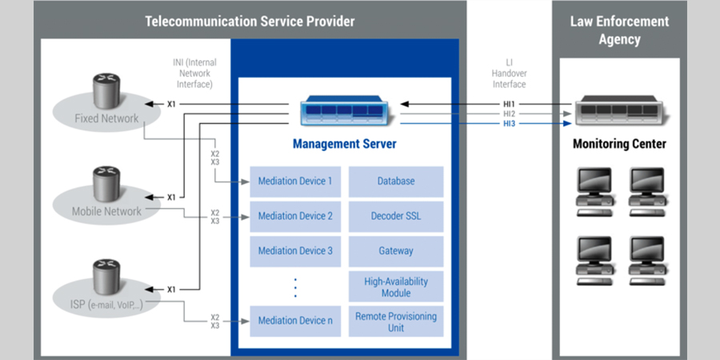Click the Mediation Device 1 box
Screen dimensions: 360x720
tap(295, 181)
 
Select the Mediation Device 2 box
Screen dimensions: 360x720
tap(295, 216)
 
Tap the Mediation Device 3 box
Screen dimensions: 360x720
tap(295, 250)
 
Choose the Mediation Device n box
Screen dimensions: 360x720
tap(295, 321)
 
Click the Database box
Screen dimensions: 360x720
tap(396, 181)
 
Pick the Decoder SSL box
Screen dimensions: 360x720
tap(396, 216)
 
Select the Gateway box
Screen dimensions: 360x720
tap(396, 250)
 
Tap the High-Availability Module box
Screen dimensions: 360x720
tap(396, 286)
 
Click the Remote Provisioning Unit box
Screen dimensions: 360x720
tap(396, 322)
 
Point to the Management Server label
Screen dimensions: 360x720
tap(345, 144)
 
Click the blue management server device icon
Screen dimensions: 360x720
tap(345, 111)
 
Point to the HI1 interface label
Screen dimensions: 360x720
tap(510, 104)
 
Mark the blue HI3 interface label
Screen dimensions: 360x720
tap(510, 124)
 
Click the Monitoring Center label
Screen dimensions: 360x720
tap(619, 144)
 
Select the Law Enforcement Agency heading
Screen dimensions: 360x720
tap(619, 30)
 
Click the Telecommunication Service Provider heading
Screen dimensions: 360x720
tap(250, 22)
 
